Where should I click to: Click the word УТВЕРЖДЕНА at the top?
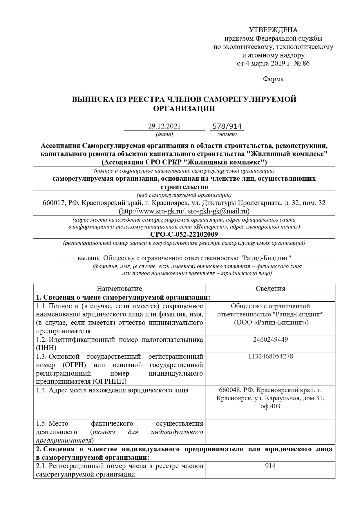click(x=273, y=30)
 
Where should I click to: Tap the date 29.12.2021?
click(x=164, y=126)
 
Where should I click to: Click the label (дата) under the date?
click(x=164, y=134)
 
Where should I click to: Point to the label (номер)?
click(x=227, y=134)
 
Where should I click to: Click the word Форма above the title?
click(x=273, y=79)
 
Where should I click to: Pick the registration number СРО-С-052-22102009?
click(x=184, y=234)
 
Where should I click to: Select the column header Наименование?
click(x=119, y=289)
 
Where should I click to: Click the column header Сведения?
click(x=270, y=289)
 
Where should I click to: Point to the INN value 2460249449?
click(x=270, y=339)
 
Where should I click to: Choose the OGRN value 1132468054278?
click(x=270, y=356)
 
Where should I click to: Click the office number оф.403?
click(x=270, y=406)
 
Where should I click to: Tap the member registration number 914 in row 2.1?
click(x=270, y=466)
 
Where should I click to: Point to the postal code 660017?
click(x=53, y=203)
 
